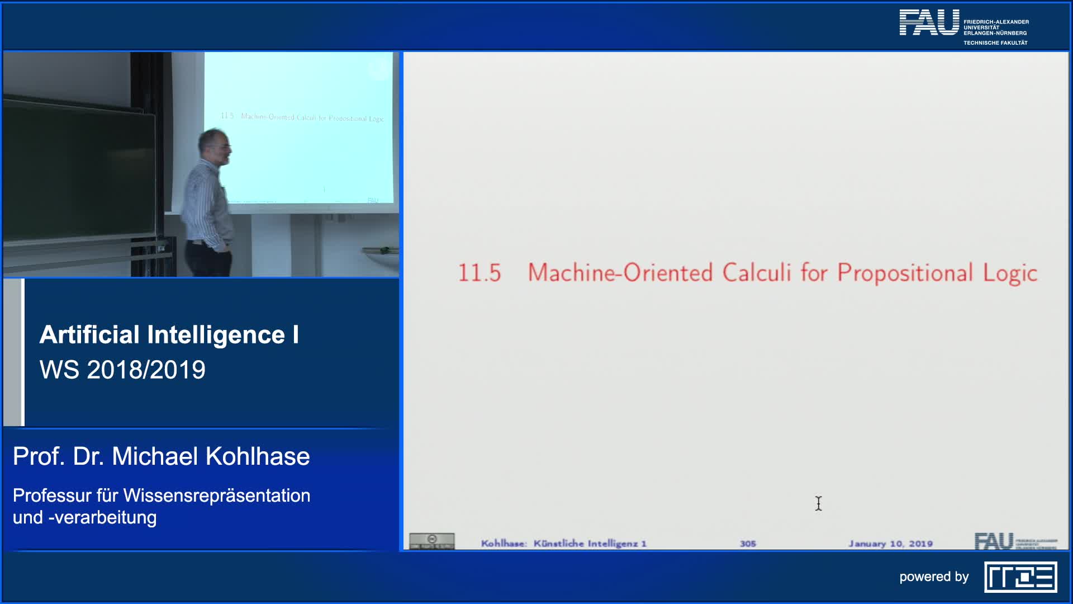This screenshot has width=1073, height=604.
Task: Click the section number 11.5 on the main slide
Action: (479, 273)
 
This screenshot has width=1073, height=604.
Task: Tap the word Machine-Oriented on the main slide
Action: (620, 273)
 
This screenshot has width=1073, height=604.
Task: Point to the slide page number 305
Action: (748, 544)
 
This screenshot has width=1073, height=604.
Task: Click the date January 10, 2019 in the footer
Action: (890, 544)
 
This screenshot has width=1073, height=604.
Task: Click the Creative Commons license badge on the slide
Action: (431, 541)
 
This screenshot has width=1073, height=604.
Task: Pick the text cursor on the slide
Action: (818, 503)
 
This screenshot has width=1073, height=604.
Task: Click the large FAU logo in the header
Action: (929, 22)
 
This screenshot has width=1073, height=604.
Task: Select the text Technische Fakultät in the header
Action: (995, 43)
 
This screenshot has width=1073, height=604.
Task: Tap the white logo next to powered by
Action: (1020, 577)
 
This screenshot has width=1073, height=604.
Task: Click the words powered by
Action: (934, 577)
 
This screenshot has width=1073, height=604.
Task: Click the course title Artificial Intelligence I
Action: (169, 334)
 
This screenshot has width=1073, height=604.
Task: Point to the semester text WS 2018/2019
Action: (122, 370)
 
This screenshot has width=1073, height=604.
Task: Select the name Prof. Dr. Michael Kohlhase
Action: (161, 456)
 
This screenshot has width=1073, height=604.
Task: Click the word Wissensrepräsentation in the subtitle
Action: (217, 496)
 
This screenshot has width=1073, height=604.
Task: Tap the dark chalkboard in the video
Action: (78, 173)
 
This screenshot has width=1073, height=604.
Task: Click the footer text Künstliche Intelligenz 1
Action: (590, 544)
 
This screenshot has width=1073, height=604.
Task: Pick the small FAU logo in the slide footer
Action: (994, 541)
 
